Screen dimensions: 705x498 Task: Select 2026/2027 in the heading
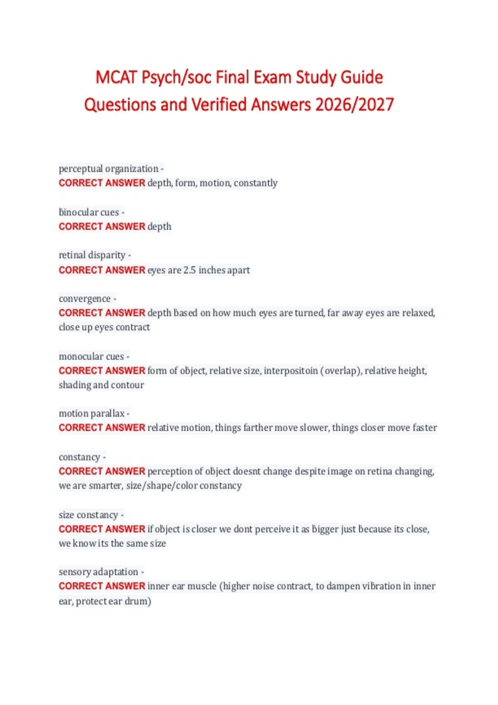coord(354,105)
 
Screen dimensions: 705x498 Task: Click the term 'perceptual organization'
coord(108,169)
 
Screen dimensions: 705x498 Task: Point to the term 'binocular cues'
coord(89,212)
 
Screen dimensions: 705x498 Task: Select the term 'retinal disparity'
coord(92,255)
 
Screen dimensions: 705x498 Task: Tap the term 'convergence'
coord(85,299)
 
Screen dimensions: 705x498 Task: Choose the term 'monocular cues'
coord(91,357)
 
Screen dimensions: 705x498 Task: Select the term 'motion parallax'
coord(92,413)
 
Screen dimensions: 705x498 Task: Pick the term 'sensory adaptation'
coord(98,572)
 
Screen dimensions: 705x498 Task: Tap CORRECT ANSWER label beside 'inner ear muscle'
coord(102,586)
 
